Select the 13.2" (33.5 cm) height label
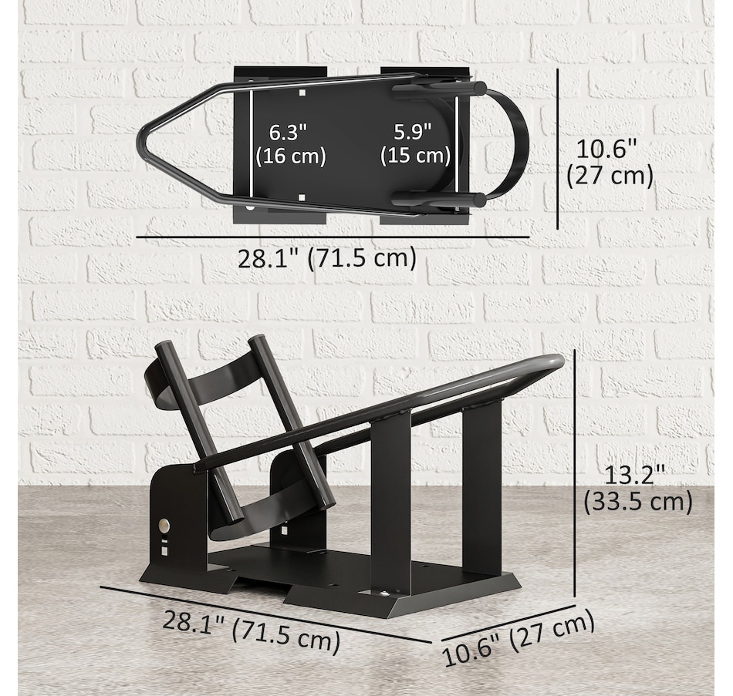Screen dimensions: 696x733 click(x=637, y=489)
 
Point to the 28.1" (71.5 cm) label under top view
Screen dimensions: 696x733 click(x=326, y=258)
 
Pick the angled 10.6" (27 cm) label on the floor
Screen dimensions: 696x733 click(x=518, y=637)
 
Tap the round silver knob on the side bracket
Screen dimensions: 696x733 click(x=164, y=525)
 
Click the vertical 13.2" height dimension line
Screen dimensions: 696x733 click(x=575, y=474)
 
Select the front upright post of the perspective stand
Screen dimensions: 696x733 click(x=390, y=501)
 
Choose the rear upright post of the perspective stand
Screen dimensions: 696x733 click(x=482, y=486)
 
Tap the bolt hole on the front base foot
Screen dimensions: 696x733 click(x=383, y=593)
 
